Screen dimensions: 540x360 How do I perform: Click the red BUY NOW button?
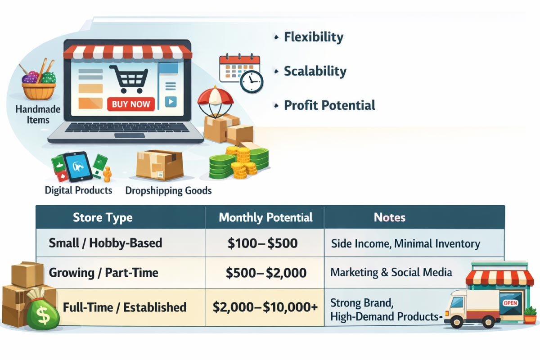(131, 104)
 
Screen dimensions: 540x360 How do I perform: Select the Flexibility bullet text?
(313, 37)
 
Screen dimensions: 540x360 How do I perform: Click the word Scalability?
(315, 72)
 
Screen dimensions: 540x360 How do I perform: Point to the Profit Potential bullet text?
(329, 105)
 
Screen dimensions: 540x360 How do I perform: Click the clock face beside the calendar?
(252, 81)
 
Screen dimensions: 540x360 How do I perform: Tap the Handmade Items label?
(38, 115)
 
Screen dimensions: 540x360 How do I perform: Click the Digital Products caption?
(78, 190)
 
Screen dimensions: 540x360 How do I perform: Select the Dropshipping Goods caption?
(168, 190)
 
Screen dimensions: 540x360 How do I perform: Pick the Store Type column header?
(103, 217)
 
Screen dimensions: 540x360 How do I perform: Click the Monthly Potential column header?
(265, 217)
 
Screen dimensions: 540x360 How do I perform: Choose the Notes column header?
(389, 217)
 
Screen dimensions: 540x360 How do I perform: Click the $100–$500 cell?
(262, 243)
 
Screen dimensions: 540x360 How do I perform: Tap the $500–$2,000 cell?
(266, 273)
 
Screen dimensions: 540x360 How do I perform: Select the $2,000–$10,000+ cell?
(265, 307)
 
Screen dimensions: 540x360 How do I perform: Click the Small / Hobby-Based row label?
(105, 243)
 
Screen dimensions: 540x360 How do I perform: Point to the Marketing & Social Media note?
(391, 272)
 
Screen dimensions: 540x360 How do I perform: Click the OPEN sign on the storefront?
(510, 303)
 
